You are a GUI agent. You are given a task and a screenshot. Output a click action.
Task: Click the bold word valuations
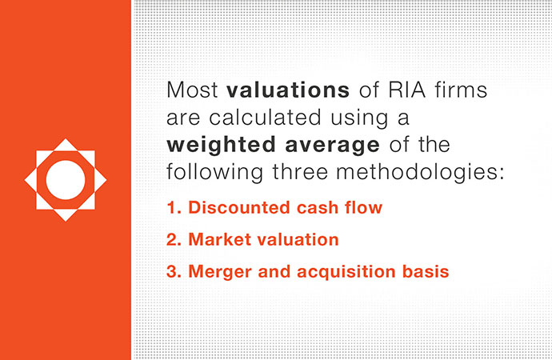[288, 90]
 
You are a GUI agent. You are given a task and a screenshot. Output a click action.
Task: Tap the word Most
[192, 90]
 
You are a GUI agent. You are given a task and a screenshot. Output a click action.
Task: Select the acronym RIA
[406, 90]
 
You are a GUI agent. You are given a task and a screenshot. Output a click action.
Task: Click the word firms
[461, 90]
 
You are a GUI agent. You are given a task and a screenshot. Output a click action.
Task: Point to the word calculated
[265, 117]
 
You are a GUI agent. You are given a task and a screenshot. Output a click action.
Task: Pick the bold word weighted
[221, 146]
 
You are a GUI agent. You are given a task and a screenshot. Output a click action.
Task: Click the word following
[214, 173]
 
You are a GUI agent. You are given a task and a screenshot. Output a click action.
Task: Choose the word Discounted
[238, 207]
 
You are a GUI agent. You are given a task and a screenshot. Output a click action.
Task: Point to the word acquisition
[346, 272]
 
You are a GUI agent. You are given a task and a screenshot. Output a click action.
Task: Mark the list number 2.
[174, 239]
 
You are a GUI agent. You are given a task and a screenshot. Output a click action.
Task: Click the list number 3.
[174, 271]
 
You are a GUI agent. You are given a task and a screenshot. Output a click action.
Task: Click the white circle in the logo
[66, 180]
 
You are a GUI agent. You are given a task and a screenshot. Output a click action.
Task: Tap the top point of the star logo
[66, 138]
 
